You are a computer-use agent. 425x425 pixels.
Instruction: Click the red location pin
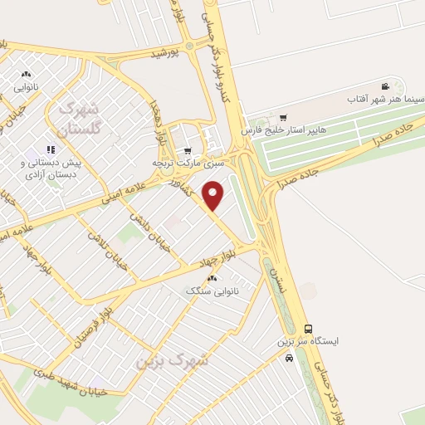[x=214, y=196]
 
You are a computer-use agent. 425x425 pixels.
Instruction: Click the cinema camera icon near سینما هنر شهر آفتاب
[x=385, y=86]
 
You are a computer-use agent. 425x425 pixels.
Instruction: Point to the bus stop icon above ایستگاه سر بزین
[x=309, y=328]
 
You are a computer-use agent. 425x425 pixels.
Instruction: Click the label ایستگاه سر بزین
[x=309, y=342]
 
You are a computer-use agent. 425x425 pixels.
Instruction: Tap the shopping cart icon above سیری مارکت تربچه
[x=188, y=150]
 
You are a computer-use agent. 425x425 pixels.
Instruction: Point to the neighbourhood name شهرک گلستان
[x=80, y=118]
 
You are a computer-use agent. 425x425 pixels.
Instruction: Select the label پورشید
[x=165, y=53]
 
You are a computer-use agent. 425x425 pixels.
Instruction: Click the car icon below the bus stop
[x=288, y=359]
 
